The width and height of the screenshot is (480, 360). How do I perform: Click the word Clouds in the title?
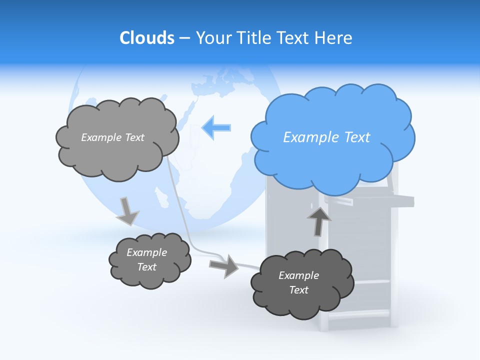tap(146, 38)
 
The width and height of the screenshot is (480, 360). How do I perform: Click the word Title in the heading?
tap(254, 38)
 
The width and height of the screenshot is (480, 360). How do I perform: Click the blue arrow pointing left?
tap(216, 127)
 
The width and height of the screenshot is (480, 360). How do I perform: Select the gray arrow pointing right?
tap(224, 265)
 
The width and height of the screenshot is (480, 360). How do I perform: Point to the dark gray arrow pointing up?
tap(318, 220)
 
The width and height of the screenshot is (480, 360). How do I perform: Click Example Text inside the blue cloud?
tap(326, 137)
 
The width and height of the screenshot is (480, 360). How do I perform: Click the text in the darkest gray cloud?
tap(298, 283)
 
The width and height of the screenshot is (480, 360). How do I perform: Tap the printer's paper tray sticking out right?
tap(380, 200)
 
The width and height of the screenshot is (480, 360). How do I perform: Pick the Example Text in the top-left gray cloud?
tap(112, 137)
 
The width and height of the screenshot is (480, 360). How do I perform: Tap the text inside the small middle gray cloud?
tap(146, 260)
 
